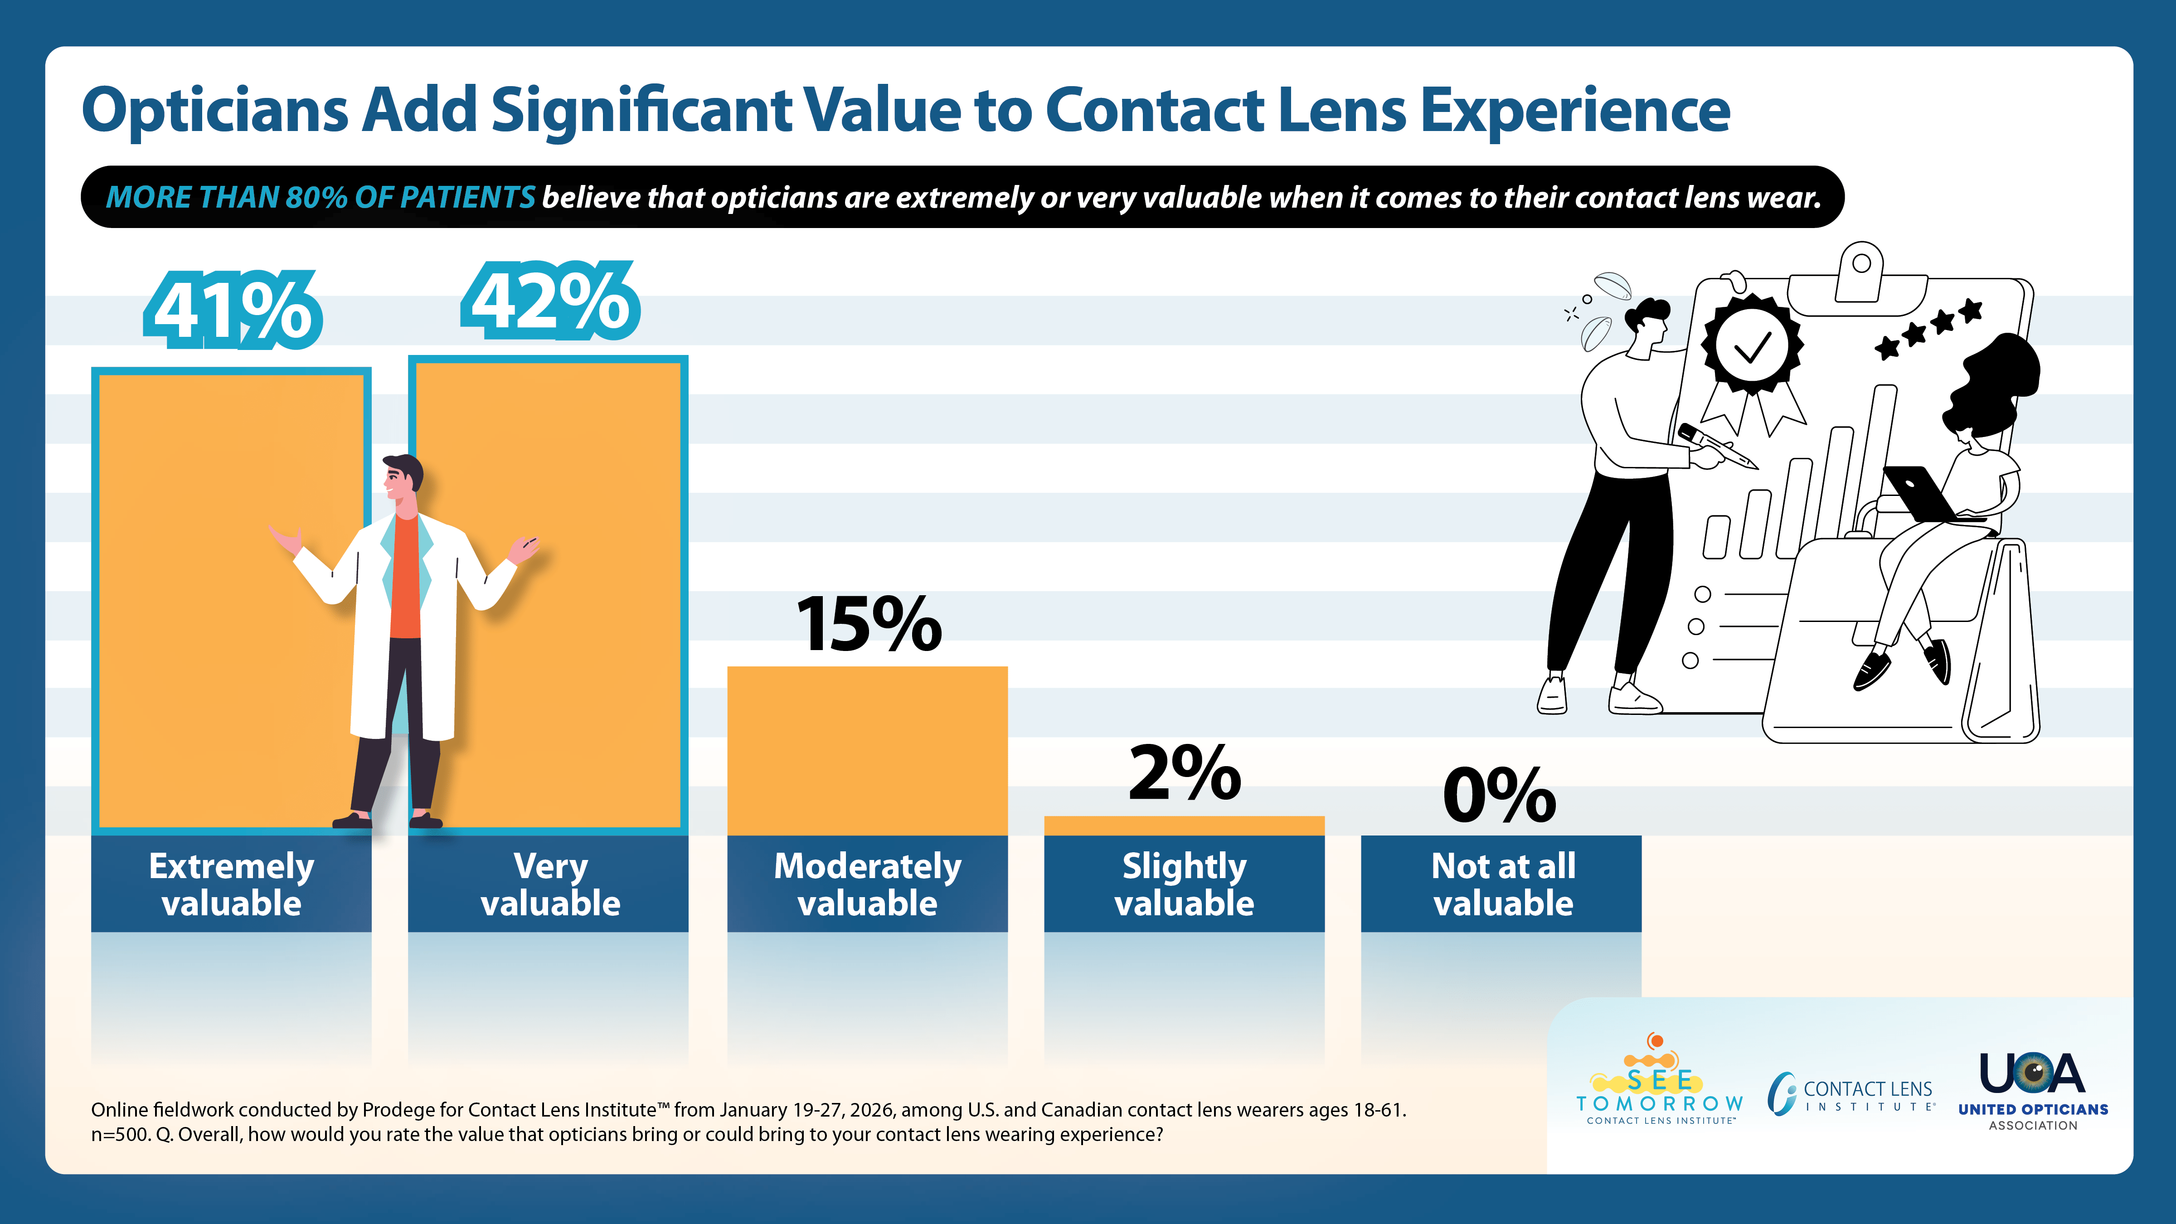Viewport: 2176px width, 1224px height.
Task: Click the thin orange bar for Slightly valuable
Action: tap(1184, 825)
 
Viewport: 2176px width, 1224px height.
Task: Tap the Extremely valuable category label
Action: tap(232, 884)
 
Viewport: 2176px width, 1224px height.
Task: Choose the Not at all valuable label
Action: tap(1502, 884)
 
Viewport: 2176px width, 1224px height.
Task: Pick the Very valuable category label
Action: tap(550, 884)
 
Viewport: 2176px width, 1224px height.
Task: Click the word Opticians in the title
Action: tap(215, 111)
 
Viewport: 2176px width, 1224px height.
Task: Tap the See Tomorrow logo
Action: tap(1659, 1084)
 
